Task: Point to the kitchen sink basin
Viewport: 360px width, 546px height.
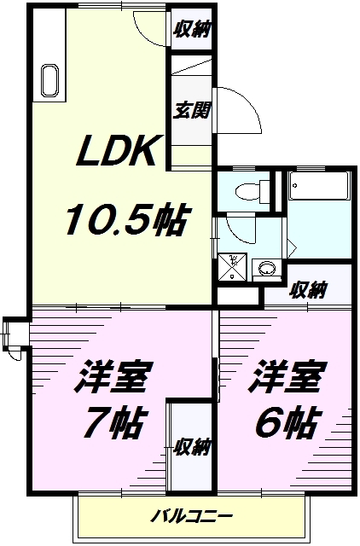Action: click(49, 82)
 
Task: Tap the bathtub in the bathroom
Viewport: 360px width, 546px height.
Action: click(320, 186)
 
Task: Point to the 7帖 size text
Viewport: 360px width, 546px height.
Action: click(116, 421)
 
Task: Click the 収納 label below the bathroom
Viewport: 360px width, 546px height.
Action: click(307, 289)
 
